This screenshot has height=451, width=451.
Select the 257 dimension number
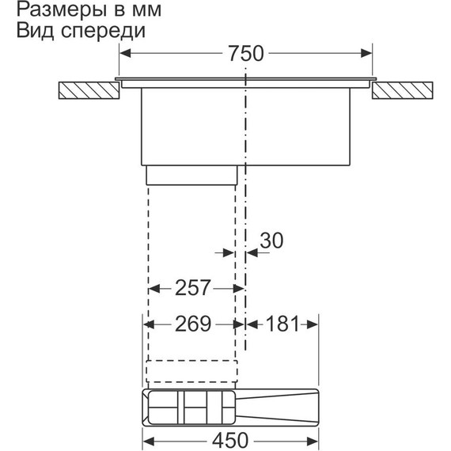point(193,288)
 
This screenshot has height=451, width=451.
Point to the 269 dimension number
point(193,324)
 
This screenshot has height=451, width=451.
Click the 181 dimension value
point(282,324)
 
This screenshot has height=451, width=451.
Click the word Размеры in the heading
point(51,12)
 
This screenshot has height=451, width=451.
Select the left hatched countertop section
point(89,89)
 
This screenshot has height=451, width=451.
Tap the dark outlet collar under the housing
point(191,175)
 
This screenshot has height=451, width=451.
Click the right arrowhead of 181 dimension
point(313,324)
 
